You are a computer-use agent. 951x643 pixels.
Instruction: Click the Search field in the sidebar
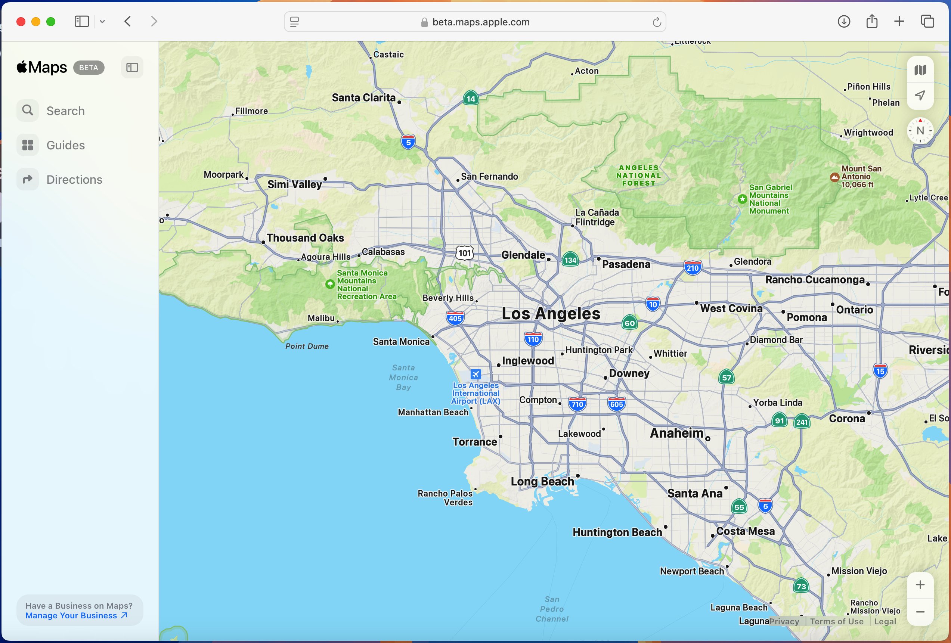tap(65, 111)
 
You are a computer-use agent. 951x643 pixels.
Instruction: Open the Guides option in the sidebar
tap(65, 145)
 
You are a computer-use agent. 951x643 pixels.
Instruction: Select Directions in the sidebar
tap(74, 180)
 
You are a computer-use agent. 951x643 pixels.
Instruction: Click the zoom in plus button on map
tap(920, 585)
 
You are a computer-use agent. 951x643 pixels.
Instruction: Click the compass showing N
tap(920, 131)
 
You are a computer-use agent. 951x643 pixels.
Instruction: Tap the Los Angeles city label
tap(551, 314)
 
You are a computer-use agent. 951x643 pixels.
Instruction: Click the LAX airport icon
tap(475, 374)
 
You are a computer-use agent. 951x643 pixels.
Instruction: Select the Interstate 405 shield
tap(455, 318)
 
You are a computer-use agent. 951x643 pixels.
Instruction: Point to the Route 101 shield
tap(464, 253)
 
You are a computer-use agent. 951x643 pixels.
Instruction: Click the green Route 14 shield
tap(471, 99)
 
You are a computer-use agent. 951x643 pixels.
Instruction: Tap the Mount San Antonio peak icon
tap(834, 177)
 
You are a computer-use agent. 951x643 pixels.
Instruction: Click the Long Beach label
tap(542, 481)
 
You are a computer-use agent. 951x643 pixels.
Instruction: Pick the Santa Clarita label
tap(363, 98)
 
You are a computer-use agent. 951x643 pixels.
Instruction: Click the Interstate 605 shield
tap(616, 404)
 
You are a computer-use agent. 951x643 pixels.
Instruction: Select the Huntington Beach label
tap(617, 532)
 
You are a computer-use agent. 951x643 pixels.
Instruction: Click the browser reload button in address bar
tap(657, 22)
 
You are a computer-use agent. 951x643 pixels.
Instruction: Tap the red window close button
tap(21, 22)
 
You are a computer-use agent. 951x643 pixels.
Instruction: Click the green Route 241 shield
tap(802, 422)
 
